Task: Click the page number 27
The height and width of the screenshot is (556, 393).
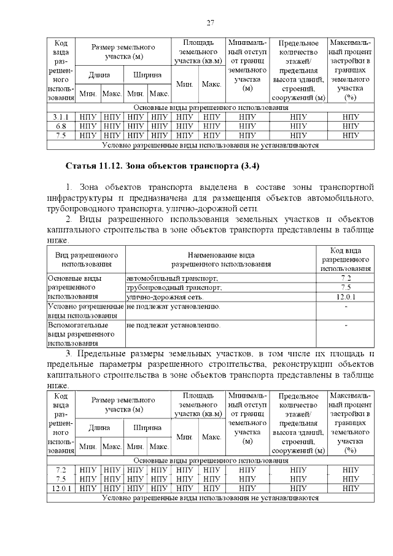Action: pos(209,23)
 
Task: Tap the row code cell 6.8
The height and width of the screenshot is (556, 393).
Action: pos(61,126)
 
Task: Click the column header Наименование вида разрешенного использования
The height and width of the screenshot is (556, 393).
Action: pos(220,259)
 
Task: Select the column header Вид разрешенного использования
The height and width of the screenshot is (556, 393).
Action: pos(86,259)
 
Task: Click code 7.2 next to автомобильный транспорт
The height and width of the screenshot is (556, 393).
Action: pos(346,278)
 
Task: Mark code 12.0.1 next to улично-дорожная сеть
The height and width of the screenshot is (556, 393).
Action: pos(346,297)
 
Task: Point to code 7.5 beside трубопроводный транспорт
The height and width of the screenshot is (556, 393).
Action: pos(346,287)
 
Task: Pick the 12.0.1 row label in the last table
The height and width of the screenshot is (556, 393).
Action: pos(61,488)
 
